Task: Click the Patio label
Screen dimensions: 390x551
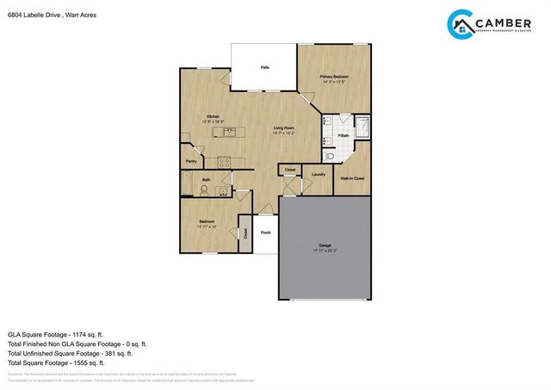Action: [265, 66]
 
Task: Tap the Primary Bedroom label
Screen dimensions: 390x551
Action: [333, 77]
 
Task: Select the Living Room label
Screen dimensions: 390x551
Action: [284, 129]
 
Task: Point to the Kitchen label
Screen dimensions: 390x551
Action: [212, 117]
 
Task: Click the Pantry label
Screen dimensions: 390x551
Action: [191, 160]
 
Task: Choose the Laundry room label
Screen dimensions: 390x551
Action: [318, 175]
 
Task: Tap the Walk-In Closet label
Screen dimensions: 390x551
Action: [351, 178]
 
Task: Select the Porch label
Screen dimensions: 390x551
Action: [266, 232]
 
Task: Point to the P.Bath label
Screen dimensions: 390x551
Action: [343, 136]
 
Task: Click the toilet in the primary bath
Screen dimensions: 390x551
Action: [330, 156]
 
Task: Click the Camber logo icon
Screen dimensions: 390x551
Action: [463, 26]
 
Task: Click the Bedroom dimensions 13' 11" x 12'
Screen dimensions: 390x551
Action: [207, 226]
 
